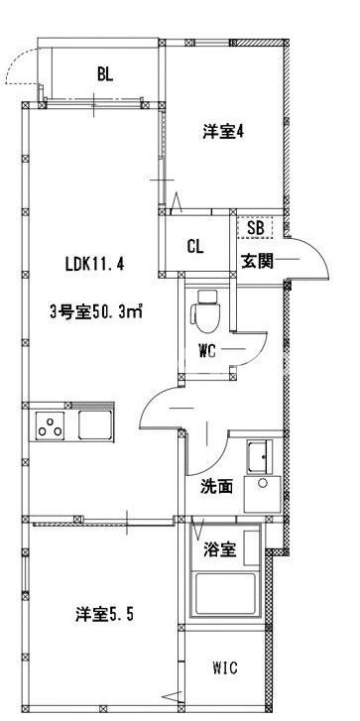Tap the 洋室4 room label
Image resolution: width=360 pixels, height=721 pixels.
[x=223, y=132]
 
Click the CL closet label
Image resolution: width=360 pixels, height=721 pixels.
[x=195, y=246]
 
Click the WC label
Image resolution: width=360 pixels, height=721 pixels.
[x=207, y=350]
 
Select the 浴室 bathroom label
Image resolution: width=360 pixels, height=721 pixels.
[x=220, y=549]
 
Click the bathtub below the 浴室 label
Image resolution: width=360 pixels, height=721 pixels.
[x=226, y=593]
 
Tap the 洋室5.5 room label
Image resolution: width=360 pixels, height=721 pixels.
[x=104, y=614]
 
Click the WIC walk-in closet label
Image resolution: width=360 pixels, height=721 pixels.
[x=224, y=667]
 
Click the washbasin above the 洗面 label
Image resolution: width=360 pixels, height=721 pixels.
[x=261, y=457]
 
